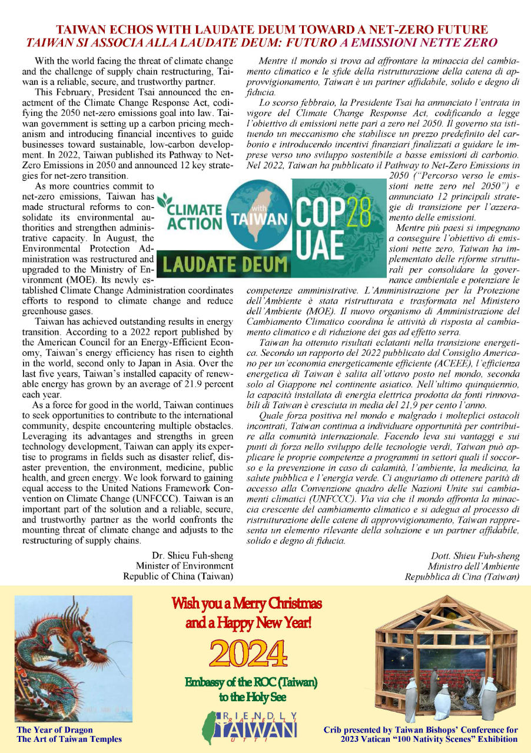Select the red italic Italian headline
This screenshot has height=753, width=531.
(263, 42)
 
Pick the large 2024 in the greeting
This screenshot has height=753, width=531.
(248, 654)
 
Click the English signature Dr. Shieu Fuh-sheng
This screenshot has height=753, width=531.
(192, 555)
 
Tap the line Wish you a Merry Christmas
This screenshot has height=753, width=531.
(247, 604)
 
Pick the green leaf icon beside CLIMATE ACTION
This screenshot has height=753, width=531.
(165, 199)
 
